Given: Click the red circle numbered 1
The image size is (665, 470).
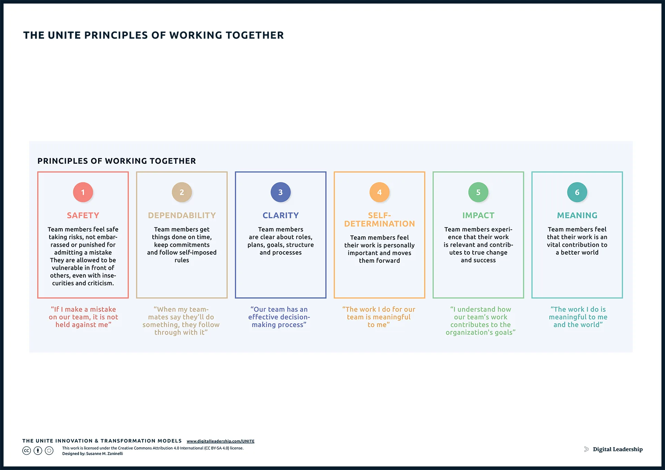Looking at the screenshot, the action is point(83,192).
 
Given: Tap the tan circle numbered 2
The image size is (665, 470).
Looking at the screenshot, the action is point(182,192).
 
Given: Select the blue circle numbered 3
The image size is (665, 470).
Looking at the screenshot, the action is point(281,192).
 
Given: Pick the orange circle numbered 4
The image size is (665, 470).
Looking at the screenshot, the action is point(379,192).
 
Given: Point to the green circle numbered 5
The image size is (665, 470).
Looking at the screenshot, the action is point(478,192).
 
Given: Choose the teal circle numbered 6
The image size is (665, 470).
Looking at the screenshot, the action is point(577,192).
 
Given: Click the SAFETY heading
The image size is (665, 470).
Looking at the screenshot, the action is point(83,216).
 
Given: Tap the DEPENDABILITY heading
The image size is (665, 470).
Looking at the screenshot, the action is point(182,216).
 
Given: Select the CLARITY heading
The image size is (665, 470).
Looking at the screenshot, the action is point(281,216).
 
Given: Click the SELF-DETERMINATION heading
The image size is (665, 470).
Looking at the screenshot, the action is point(379,220).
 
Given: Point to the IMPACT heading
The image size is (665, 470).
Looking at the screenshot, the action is point(478,216).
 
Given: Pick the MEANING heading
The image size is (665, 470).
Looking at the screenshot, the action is point(577,216).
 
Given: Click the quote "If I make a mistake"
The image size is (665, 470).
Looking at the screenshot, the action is point(83,309).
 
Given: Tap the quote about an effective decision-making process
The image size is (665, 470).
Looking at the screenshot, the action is point(279,317).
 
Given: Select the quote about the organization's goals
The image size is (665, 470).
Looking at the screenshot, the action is point(480,321).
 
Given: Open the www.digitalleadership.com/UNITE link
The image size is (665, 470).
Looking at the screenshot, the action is point(221,441).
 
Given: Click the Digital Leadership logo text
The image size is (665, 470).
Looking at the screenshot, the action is point(618,449).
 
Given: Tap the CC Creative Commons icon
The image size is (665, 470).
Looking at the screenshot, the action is point(27,451).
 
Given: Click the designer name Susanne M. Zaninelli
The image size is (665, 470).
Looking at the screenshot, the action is point(105,454).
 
